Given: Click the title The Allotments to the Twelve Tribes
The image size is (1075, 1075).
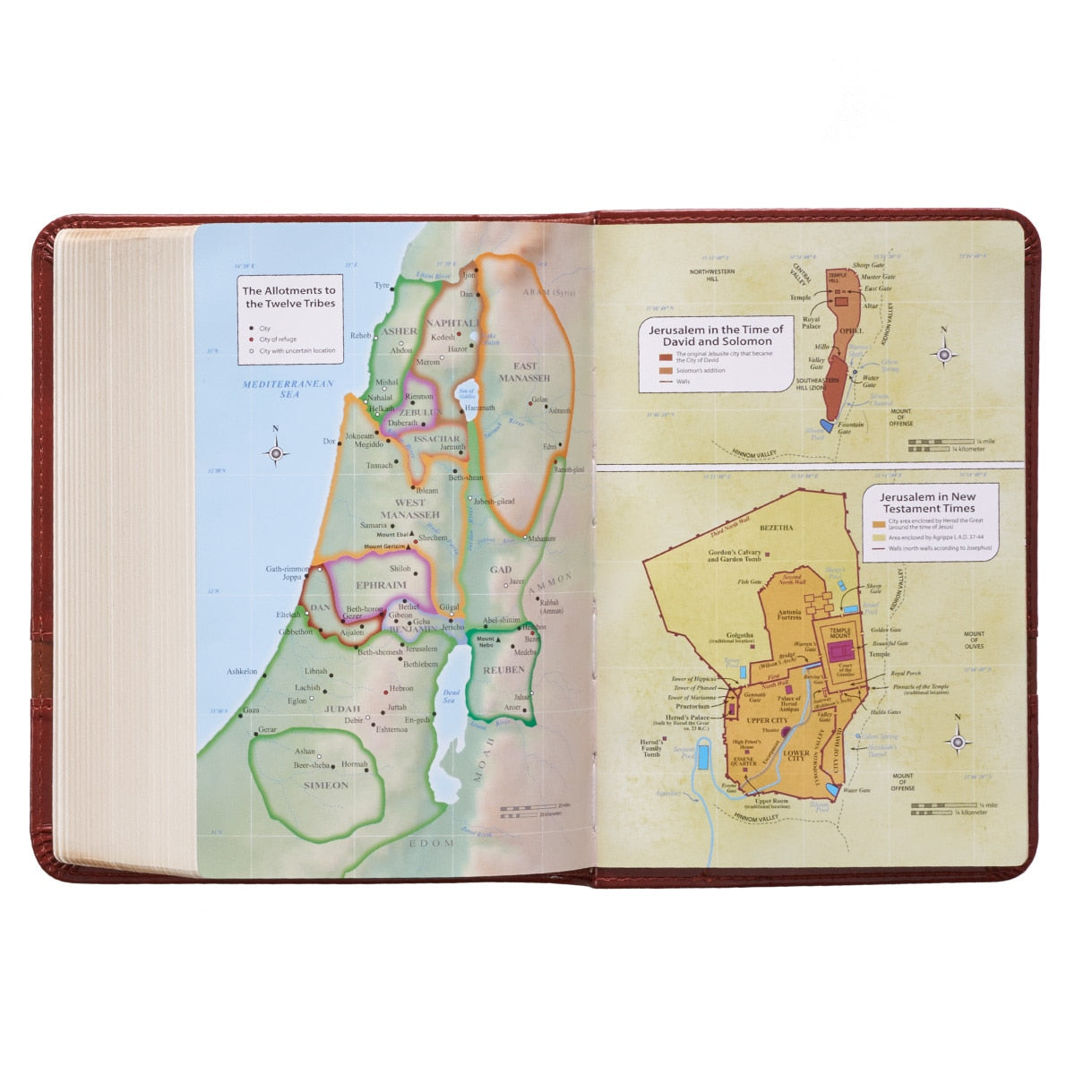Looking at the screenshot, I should pos(289,297).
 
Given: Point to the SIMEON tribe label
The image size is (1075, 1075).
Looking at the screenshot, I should pos(326,785).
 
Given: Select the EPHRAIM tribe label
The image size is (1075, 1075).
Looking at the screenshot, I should pos(381,585).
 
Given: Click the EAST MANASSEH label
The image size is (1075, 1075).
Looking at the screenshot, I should pos(525,372).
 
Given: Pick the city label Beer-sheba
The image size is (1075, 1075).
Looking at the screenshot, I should pos(312,765).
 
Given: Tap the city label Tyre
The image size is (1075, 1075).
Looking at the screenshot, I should pos(383,286).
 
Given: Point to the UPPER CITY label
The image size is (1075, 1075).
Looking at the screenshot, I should pos(766,719).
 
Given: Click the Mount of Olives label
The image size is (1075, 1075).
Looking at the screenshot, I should pos(974,640).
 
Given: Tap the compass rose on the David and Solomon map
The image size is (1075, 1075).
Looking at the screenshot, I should pos(943,355).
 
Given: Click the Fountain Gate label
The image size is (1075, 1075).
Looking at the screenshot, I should pos(850,428).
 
